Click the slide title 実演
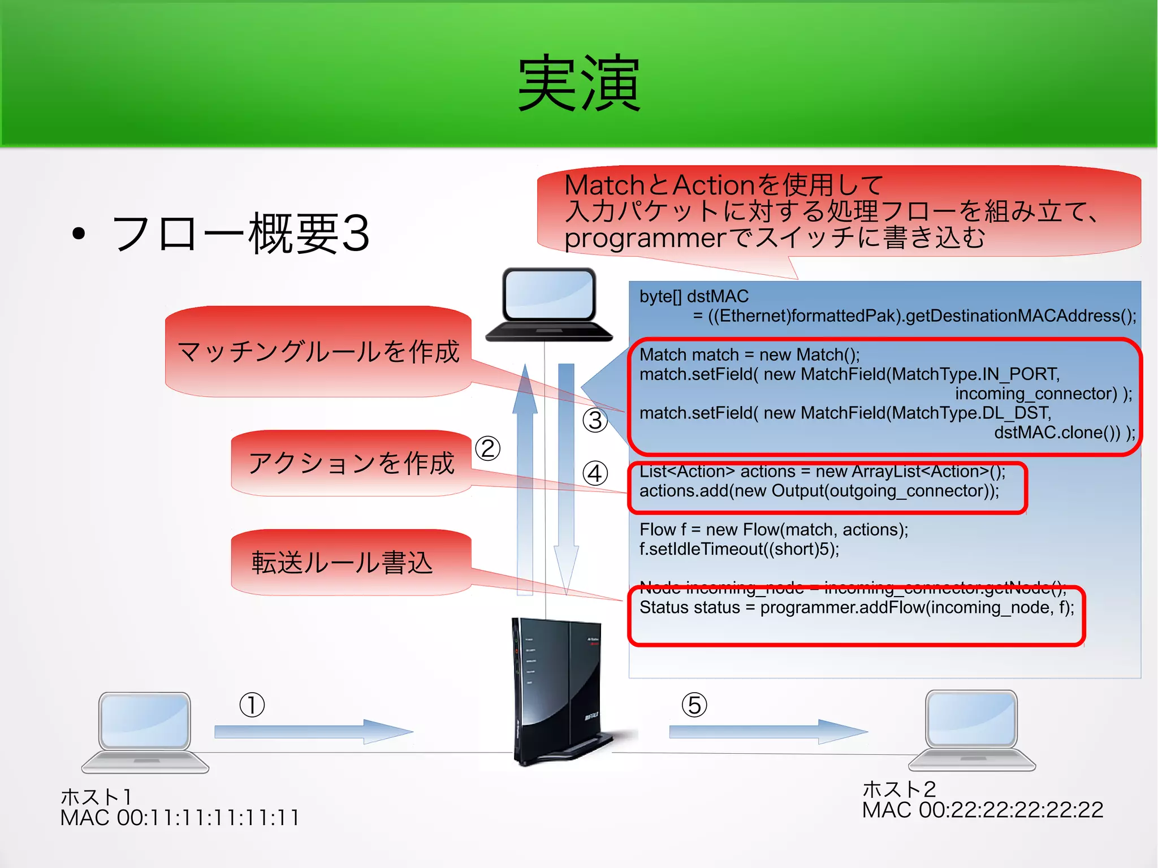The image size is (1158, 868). coord(579,84)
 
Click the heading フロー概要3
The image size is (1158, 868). coord(240,233)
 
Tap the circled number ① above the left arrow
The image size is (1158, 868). coord(252,705)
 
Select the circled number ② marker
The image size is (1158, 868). coord(487,449)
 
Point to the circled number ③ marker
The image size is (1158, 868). coord(595,420)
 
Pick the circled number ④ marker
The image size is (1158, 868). coord(595,473)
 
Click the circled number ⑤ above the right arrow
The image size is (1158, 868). coord(694,705)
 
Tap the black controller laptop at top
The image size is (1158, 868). coord(549,305)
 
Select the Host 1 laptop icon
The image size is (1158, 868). coord(145,732)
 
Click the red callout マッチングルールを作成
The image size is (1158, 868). coord(318,352)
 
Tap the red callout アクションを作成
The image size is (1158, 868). coord(351,463)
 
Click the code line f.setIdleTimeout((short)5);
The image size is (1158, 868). coord(739,549)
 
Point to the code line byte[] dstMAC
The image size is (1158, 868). coord(694,296)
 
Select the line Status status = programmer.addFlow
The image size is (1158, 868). coord(856,608)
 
